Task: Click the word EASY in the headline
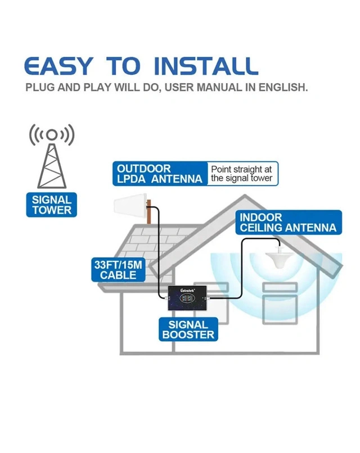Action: pyautogui.click(x=58, y=66)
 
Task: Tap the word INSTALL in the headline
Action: pyautogui.click(x=205, y=66)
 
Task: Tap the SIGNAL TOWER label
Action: pyautogui.click(x=52, y=205)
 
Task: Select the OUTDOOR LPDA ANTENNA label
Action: pyautogui.click(x=159, y=174)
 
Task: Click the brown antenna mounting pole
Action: pyautogui.click(x=149, y=210)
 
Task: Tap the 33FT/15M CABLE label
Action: pyautogui.click(x=118, y=269)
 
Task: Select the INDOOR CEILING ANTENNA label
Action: pyautogui.click(x=288, y=223)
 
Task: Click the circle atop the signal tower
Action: pyautogui.click(x=51, y=134)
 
